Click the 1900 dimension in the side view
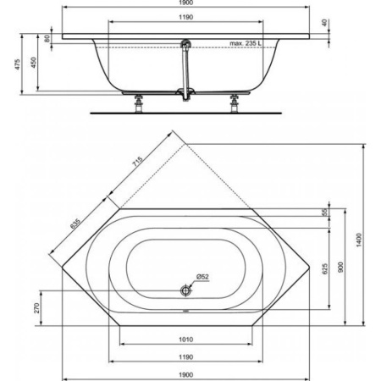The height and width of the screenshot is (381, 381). coord(190,4)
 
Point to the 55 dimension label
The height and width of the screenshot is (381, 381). coord(324,212)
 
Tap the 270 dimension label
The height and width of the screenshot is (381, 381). coord(38,306)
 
